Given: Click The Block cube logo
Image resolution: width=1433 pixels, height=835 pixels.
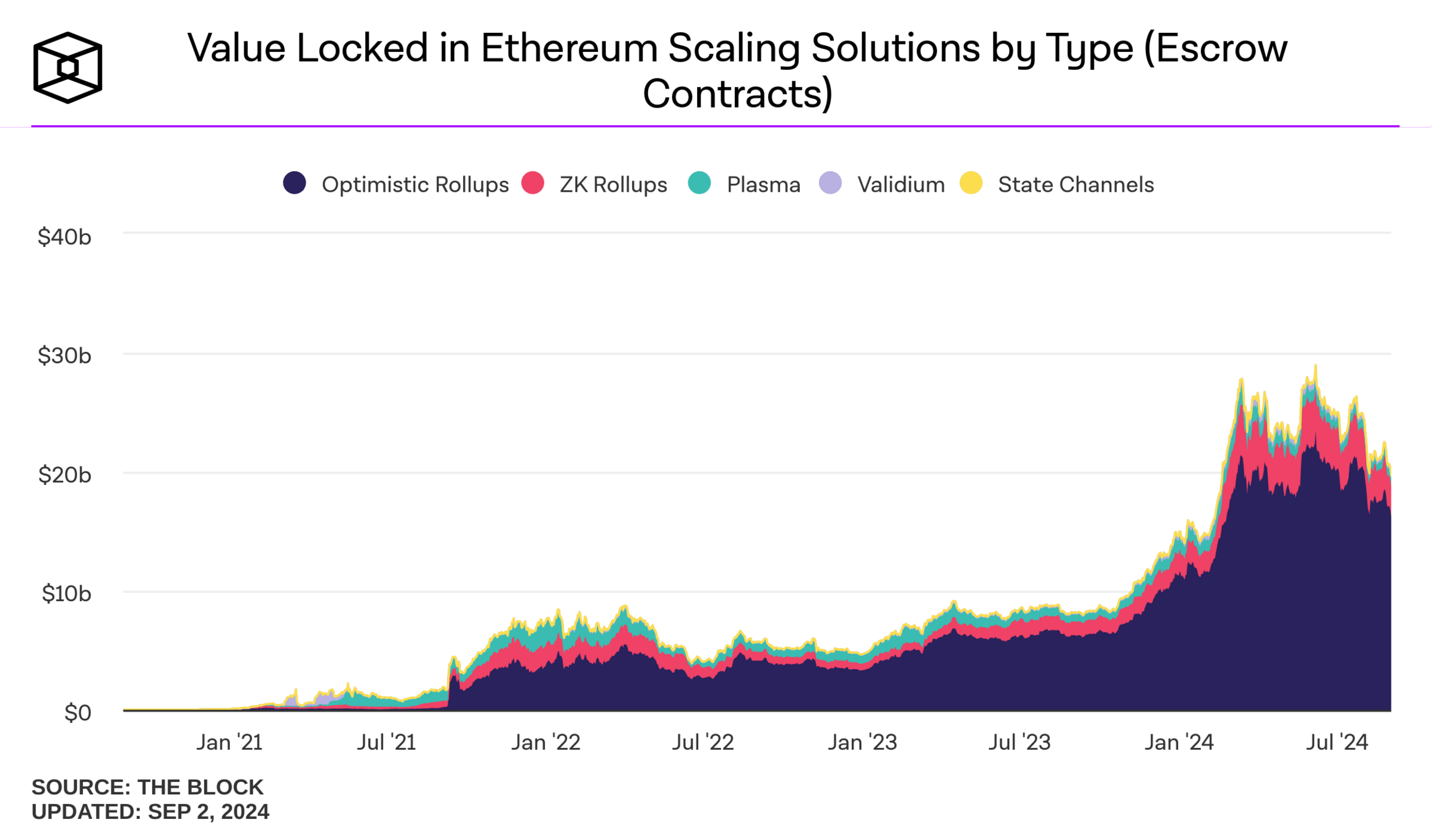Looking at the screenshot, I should click(x=67, y=67).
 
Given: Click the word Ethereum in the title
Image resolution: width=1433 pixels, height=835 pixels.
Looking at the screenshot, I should click(x=569, y=48).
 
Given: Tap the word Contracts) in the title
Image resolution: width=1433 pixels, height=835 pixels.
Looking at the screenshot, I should click(x=737, y=93).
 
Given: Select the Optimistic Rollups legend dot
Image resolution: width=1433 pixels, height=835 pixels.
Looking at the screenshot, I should click(x=295, y=183).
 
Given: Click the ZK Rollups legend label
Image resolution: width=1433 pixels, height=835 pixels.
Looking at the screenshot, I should click(x=613, y=184).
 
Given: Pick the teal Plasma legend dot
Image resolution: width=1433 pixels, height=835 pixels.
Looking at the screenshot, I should click(x=699, y=183).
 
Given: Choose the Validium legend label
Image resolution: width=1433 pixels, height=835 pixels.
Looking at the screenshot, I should click(x=901, y=184).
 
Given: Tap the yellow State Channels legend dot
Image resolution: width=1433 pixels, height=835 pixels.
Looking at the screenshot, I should click(x=971, y=183).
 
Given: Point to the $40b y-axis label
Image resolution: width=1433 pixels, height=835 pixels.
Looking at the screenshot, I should click(x=64, y=237).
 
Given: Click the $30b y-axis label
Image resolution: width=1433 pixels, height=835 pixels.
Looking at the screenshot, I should click(x=64, y=356).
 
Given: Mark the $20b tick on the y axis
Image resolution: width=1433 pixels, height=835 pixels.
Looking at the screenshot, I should click(x=64, y=475).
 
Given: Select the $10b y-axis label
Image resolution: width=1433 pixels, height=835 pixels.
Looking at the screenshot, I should click(x=66, y=594).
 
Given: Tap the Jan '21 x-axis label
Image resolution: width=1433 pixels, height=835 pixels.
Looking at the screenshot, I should click(x=230, y=742).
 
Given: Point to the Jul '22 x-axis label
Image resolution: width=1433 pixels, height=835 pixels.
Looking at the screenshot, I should click(x=703, y=742).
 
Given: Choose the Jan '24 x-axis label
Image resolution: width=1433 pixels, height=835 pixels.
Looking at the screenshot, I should click(x=1179, y=742).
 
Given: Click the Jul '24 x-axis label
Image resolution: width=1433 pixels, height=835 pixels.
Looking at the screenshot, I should click(x=1337, y=742).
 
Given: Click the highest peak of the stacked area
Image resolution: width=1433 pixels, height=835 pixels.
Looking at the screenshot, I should click(x=1315, y=366).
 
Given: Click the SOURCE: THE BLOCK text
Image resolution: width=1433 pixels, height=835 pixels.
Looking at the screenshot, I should click(x=147, y=787).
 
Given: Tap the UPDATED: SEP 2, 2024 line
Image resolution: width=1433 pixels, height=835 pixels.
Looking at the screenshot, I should click(x=150, y=811).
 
